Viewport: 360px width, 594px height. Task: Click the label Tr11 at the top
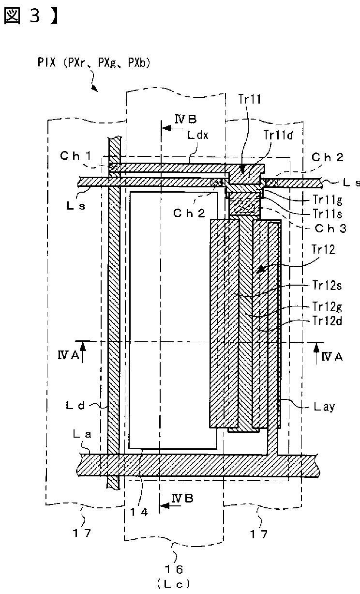(250, 99)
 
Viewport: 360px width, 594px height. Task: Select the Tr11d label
(278, 135)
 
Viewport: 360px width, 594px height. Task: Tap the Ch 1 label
(76, 156)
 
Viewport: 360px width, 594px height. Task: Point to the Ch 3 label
(330, 228)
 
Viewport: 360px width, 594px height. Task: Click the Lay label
(324, 407)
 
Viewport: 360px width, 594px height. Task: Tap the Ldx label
(198, 135)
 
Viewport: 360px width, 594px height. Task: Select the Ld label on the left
(75, 405)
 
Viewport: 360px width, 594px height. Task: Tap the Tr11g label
(327, 199)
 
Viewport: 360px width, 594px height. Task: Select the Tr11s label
(327, 214)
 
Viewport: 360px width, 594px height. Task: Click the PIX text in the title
(46, 62)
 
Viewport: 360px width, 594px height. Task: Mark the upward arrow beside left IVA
(83, 352)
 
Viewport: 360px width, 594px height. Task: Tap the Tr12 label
(323, 249)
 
